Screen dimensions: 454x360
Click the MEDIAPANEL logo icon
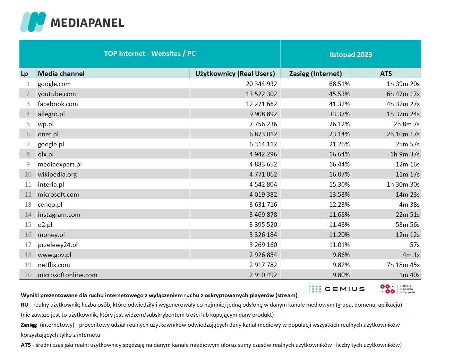click(x=33, y=22)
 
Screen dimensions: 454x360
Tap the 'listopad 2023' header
click(x=351, y=54)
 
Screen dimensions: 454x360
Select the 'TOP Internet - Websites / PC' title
click(x=150, y=54)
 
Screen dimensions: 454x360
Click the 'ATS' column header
click(x=386, y=74)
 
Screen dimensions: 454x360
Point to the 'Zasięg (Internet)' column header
click(x=315, y=74)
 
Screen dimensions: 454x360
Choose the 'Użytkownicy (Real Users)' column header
click(x=235, y=74)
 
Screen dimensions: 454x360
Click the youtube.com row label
click(x=57, y=94)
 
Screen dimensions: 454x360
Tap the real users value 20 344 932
click(x=262, y=84)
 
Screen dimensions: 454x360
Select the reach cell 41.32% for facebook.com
click(x=339, y=104)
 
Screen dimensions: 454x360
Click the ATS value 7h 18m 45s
click(x=403, y=265)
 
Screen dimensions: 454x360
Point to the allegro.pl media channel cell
click(x=51, y=114)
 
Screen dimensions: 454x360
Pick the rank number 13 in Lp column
click(x=28, y=205)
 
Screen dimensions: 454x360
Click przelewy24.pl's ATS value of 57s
click(x=414, y=245)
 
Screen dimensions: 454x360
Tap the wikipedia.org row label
click(x=57, y=174)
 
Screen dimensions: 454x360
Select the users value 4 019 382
click(x=263, y=194)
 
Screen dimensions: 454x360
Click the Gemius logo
click(x=337, y=289)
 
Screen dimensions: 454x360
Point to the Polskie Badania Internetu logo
click(x=397, y=289)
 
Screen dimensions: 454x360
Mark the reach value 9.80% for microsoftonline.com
click(x=341, y=275)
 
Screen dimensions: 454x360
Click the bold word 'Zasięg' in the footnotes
click(x=29, y=325)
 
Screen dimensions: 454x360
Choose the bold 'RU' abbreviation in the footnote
click(x=25, y=305)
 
